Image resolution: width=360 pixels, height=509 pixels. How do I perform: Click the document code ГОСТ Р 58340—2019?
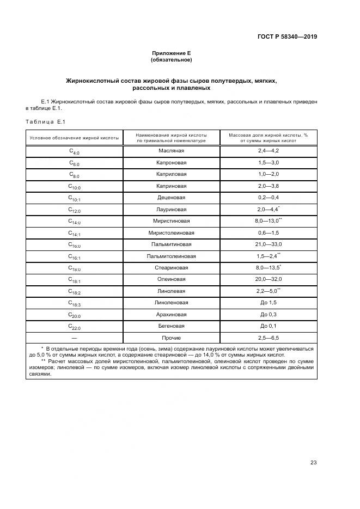pyautogui.click(x=287, y=36)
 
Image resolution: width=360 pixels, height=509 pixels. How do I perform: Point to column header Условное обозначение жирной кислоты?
pyautogui.click(x=74, y=138)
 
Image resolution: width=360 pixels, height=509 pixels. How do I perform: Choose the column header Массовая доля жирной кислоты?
pyautogui.click(x=268, y=138)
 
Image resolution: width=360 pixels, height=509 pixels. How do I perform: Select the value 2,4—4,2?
pyautogui.click(x=268, y=150)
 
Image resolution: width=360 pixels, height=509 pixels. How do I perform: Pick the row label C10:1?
pyautogui.click(x=74, y=198)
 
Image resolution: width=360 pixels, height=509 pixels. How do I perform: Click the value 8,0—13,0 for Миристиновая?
pyautogui.click(x=267, y=221)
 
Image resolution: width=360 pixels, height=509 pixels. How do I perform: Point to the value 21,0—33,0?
pyautogui.click(x=268, y=244)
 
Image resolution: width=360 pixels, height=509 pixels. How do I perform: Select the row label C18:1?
pyautogui.click(x=74, y=280)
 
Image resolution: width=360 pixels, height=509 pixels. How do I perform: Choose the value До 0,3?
pyautogui.click(x=268, y=315)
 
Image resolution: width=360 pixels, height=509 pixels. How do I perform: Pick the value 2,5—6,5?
pyautogui.click(x=268, y=338)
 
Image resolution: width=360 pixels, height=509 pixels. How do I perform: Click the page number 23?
pyautogui.click(x=313, y=463)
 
